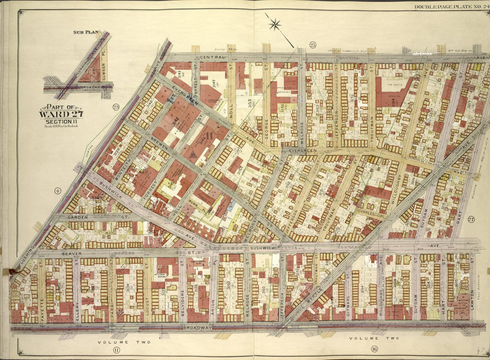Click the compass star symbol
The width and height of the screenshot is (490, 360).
tap(275, 24)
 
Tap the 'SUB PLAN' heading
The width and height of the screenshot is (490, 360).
tap(86, 32)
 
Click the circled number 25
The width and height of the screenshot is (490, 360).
tap(312, 45)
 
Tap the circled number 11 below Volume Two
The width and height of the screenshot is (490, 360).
tap(116, 350)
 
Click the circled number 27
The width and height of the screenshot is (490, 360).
tap(471, 219)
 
